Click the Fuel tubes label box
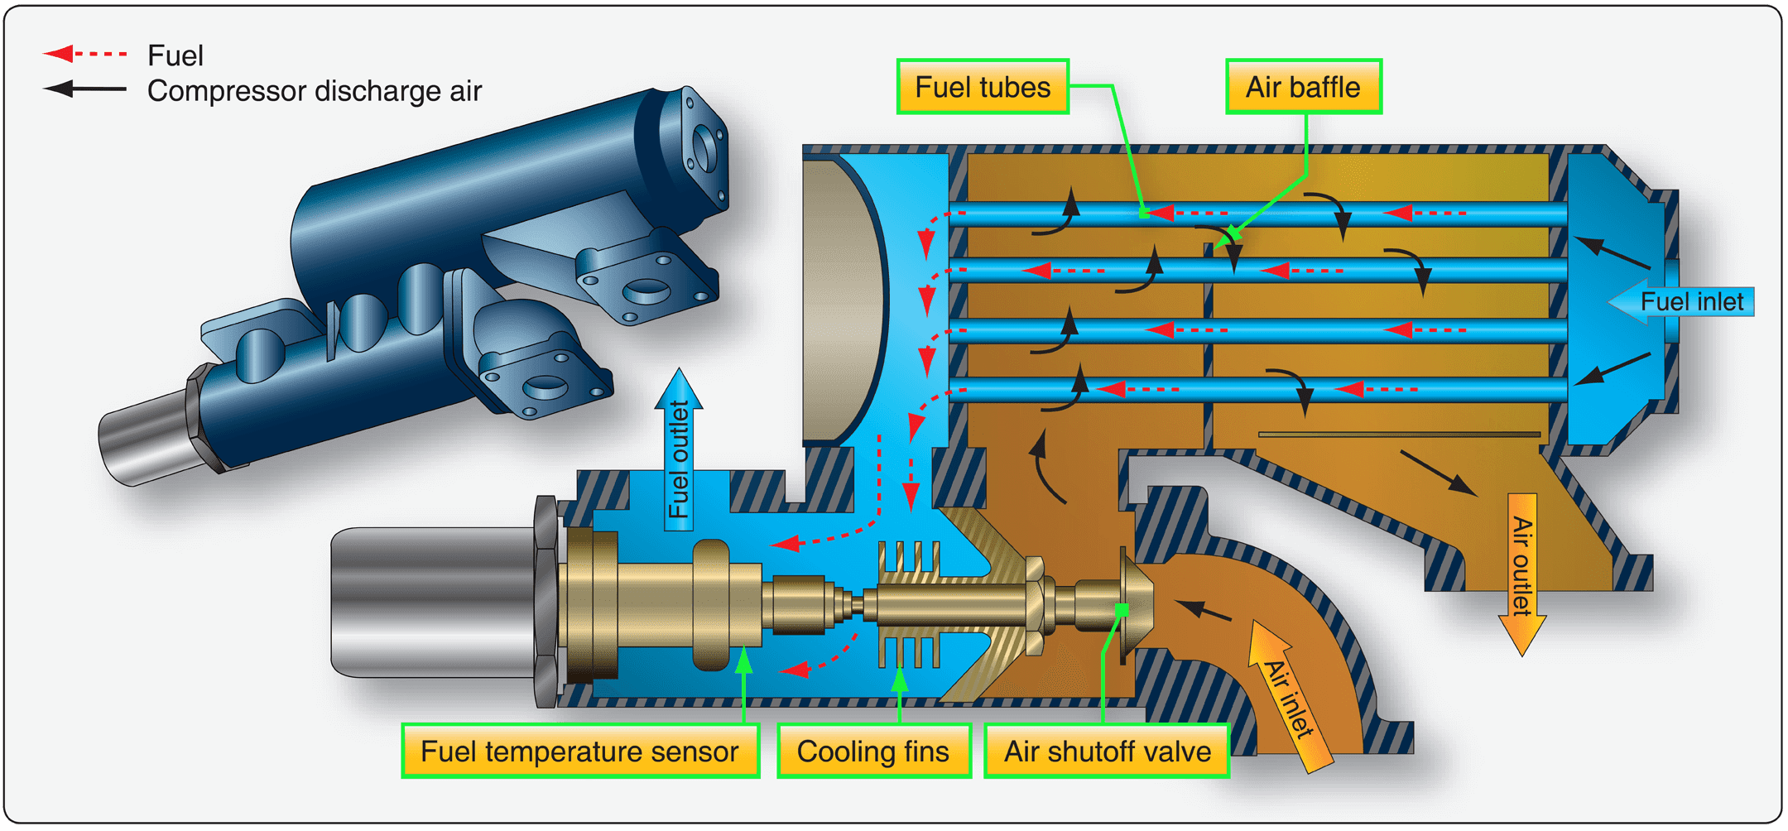(x=983, y=87)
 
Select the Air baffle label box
(x=1303, y=87)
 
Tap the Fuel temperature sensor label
(x=579, y=752)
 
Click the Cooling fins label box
(x=873, y=752)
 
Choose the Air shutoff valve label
(x=1107, y=752)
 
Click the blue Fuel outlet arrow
(x=679, y=451)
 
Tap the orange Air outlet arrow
(x=1522, y=571)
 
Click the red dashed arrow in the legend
(x=84, y=55)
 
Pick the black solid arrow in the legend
(x=84, y=89)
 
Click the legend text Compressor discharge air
(x=314, y=91)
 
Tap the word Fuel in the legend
(x=175, y=55)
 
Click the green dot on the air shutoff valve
(x=1122, y=610)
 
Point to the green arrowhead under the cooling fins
(x=900, y=680)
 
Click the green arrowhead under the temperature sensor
(x=744, y=662)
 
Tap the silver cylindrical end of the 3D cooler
(x=145, y=439)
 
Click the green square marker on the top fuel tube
(x=1144, y=214)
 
